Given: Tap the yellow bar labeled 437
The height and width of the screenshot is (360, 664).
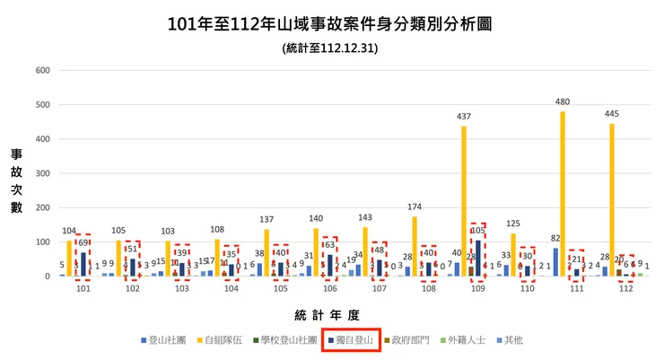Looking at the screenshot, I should click(x=464, y=201).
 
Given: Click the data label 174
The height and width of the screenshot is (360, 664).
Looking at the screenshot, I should click(x=415, y=207).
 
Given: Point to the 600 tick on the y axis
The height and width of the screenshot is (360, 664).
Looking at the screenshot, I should click(x=40, y=70).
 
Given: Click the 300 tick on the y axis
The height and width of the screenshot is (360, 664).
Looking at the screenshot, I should click(x=40, y=173).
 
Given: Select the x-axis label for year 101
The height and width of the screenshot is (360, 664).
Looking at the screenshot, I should click(x=83, y=289).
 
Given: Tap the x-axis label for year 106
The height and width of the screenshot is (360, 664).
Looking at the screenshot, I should click(x=329, y=289).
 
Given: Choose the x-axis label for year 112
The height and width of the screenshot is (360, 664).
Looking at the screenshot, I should click(x=626, y=289).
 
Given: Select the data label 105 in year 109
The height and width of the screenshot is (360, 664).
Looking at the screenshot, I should click(x=478, y=230).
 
